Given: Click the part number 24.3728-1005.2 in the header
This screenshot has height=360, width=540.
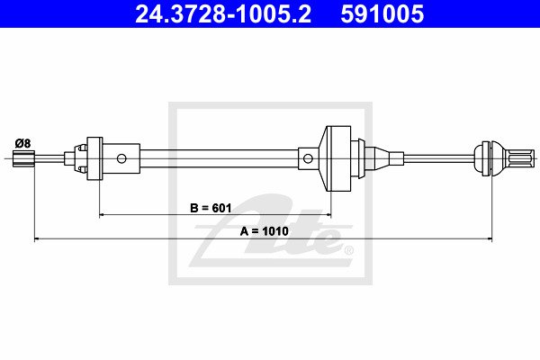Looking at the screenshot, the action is pyautogui.click(x=223, y=13).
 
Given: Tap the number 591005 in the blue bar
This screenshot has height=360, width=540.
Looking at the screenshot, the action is pyautogui.click(x=382, y=13).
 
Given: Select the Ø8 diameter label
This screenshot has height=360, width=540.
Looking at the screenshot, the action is pyautogui.click(x=22, y=143).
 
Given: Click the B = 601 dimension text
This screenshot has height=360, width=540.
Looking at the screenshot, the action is pyautogui.click(x=211, y=208).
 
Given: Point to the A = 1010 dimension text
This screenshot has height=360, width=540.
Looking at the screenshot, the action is pyautogui.click(x=264, y=230).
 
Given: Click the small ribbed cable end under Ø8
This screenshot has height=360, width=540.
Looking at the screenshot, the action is pyautogui.click(x=23, y=158).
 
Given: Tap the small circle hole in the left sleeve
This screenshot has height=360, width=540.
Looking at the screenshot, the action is pyautogui.click(x=121, y=158).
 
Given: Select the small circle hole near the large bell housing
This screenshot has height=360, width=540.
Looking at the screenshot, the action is pyautogui.click(x=308, y=158).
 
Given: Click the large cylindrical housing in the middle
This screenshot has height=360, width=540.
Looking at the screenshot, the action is pyautogui.click(x=338, y=158).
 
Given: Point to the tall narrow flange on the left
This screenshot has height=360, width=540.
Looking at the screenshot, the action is pyautogui.click(x=94, y=158).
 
